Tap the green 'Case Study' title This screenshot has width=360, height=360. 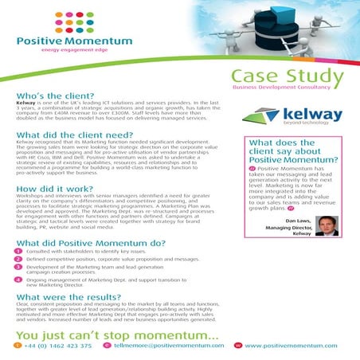click(284, 76)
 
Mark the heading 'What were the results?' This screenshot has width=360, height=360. click(67, 295)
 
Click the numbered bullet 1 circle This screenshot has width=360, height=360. click(18, 252)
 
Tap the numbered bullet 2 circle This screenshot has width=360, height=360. click(18, 260)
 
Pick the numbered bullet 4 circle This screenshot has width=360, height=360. click(18, 280)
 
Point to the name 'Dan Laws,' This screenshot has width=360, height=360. click(297, 219)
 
